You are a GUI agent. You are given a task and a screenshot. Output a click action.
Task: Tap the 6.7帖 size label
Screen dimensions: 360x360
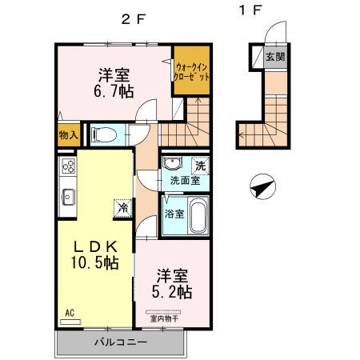point(114,93)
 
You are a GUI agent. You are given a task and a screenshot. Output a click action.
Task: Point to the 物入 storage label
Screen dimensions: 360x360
point(68,135)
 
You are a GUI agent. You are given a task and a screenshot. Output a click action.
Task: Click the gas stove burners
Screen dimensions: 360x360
point(67,168)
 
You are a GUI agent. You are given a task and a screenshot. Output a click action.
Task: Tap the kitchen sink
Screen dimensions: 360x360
point(67,196)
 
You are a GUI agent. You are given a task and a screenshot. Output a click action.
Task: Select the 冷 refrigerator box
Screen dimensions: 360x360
point(122,206)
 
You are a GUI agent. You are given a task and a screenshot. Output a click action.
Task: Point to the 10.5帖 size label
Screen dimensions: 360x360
point(93,262)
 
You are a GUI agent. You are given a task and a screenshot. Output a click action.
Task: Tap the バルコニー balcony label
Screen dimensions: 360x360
point(120,342)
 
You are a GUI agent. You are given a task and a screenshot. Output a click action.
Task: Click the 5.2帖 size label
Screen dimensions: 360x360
point(174,292)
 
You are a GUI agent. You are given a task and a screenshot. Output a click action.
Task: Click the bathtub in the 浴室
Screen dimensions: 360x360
point(197,216)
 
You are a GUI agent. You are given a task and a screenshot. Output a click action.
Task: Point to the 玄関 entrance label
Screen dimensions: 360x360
point(274,57)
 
